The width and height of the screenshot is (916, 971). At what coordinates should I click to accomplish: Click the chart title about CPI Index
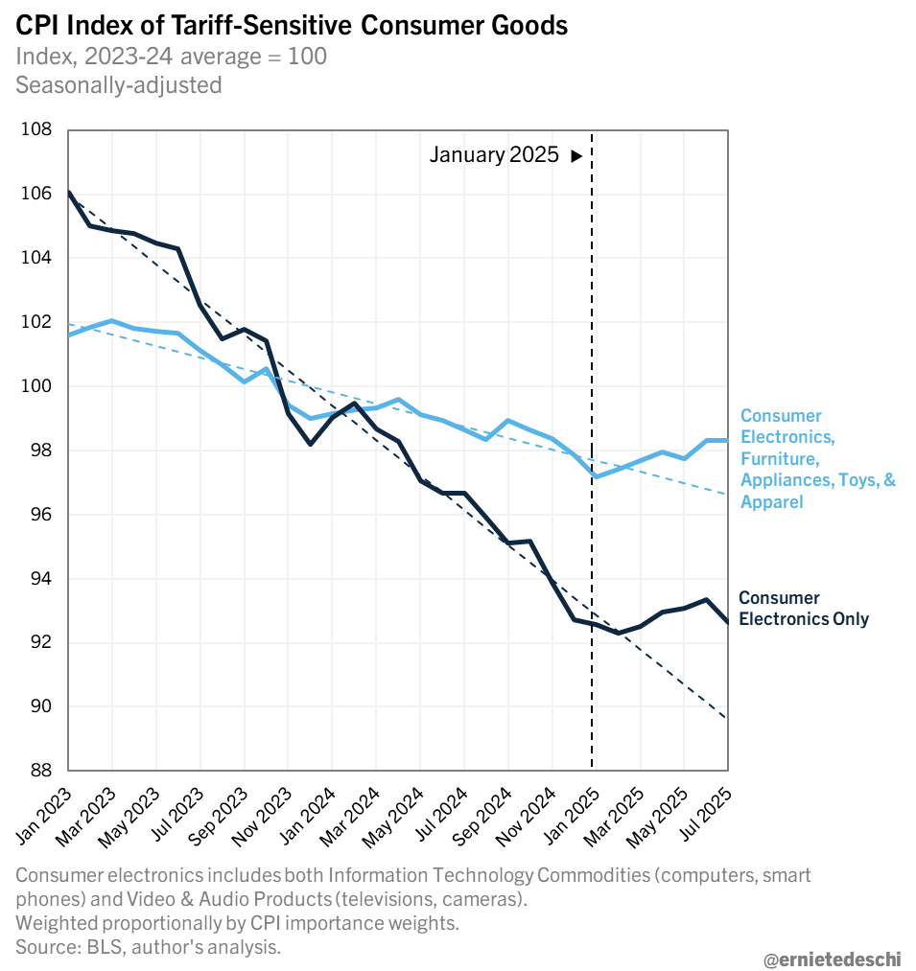click(292, 26)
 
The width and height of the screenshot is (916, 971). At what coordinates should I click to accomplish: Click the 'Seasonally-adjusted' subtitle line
click(118, 84)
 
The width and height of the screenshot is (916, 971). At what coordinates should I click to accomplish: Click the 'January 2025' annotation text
click(494, 155)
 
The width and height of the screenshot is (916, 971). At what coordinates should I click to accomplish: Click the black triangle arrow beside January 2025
click(576, 155)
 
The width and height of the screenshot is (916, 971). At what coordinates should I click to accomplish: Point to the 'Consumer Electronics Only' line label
click(803, 609)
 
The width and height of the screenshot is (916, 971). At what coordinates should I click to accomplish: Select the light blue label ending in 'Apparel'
click(817, 458)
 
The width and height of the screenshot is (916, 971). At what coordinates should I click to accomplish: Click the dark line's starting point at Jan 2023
click(68, 193)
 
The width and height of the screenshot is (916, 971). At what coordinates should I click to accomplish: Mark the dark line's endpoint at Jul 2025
click(728, 623)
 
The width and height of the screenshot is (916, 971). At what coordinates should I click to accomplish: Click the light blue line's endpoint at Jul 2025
click(728, 440)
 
